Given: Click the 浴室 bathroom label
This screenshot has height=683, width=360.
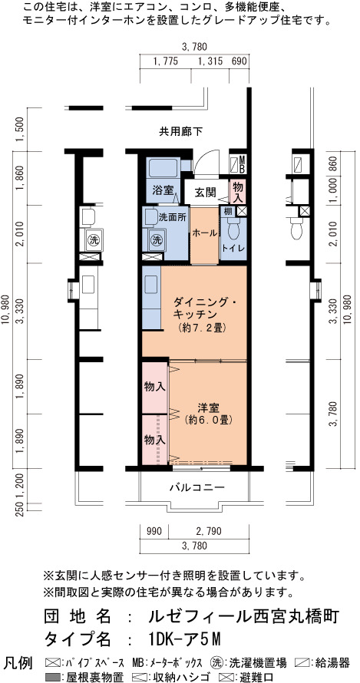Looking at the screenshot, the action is click(x=163, y=190).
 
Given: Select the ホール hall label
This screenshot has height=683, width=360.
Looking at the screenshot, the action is click(x=204, y=233).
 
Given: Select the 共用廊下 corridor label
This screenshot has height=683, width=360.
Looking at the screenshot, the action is click(x=180, y=131).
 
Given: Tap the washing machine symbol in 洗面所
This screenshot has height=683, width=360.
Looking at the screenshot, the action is click(x=157, y=239).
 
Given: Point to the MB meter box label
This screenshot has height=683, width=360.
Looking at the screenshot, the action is click(x=242, y=163).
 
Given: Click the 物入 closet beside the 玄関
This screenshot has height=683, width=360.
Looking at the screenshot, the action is click(x=238, y=192).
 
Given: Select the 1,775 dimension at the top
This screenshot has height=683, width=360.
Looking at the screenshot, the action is click(x=166, y=61).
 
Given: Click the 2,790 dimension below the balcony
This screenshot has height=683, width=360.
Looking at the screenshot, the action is click(x=209, y=531).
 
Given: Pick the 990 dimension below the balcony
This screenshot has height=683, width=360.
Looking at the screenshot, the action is click(x=154, y=531).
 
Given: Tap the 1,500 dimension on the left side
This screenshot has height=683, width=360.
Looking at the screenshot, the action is click(x=19, y=130).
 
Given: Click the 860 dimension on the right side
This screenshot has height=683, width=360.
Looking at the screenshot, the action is click(x=335, y=162).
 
